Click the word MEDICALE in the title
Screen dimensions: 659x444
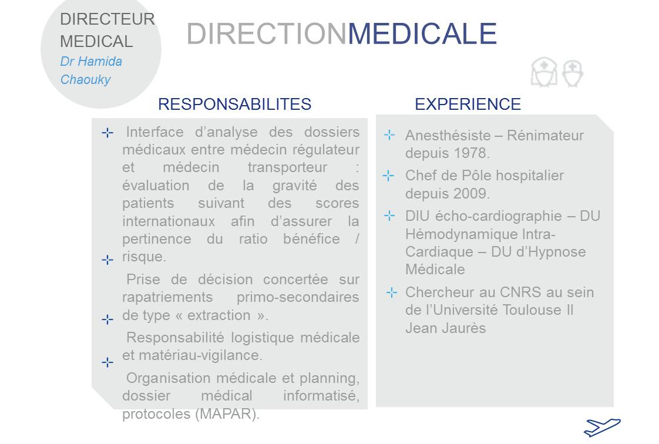pos(422,33)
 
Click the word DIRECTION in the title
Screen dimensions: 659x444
pos(267,33)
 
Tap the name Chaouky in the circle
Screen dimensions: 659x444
pos(85,79)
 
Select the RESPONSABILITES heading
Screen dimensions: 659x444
pos(234,104)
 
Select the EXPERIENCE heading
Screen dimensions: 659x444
pos(468,104)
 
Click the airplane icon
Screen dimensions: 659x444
pos(602,427)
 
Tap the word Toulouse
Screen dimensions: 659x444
pos(532,310)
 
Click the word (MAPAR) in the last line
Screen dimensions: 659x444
pos(227,414)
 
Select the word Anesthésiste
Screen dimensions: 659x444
pos(448,135)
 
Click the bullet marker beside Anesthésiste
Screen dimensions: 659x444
pos(389,135)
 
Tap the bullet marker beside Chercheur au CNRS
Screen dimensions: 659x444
pos(392,292)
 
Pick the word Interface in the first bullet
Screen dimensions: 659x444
pos(154,132)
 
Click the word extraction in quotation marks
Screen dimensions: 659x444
pos(218,315)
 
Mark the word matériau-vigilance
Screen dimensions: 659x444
pos(200,355)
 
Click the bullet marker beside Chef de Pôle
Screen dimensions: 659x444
pos(388,175)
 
